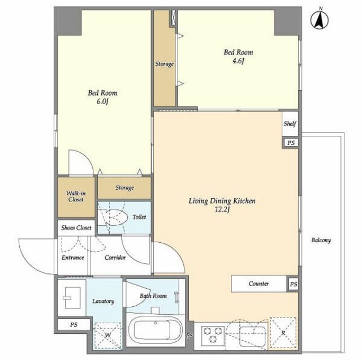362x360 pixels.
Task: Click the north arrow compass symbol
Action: [x=320, y=20]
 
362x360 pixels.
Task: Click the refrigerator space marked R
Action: [x=283, y=333]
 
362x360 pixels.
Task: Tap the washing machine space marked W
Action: [x=108, y=336]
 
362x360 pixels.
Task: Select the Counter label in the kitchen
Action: [x=259, y=284]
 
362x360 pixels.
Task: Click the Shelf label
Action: [x=290, y=123]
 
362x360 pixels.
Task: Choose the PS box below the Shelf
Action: [x=291, y=143]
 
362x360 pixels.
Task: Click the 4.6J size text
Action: [x=238, y=61]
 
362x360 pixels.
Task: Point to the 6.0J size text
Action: [x=102, y=102]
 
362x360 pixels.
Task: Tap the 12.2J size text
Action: [x=222, y=210]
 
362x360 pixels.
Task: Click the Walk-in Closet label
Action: [x=76, y=196]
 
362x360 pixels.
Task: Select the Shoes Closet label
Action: [x=76, y=228]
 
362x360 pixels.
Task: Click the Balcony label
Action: [x=321, y=241]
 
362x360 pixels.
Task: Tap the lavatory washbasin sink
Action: [x=72, y=298]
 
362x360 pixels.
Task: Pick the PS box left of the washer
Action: [x=74, y=325]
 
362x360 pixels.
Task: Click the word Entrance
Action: [x=73, y=258]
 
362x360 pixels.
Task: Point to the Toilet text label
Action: [x=139, y=217]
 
